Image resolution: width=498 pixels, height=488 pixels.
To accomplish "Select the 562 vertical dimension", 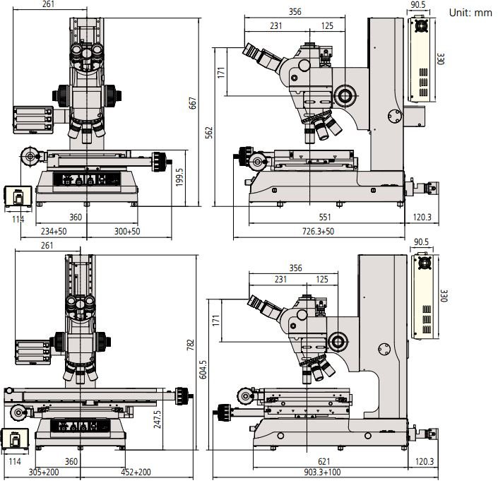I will [209, 133].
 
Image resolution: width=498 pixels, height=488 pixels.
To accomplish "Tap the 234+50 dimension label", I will [54, 231].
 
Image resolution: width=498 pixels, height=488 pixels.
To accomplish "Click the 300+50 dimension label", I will [126, 231].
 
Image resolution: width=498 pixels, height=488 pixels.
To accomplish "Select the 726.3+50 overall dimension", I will [319, 231].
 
